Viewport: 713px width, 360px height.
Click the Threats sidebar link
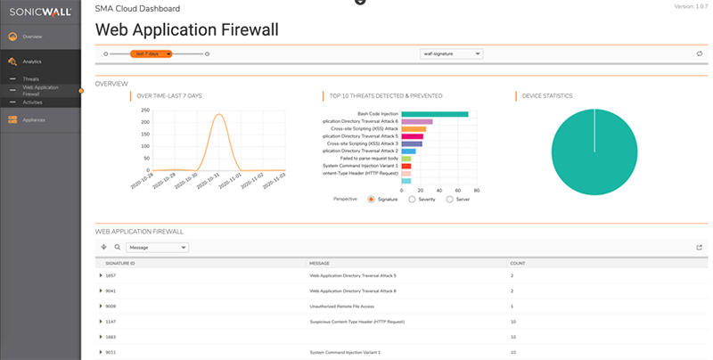coord(31,79)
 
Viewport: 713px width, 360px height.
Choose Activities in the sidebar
coord(32,102)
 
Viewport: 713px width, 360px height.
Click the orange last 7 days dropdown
coord(151,53)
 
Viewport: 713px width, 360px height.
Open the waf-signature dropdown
coord(452,53)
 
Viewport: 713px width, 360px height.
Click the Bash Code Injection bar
coord(435,114)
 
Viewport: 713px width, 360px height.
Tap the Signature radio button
coord(371,200)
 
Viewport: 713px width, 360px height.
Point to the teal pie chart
coord(593,152)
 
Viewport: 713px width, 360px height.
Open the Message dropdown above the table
coord(157,247)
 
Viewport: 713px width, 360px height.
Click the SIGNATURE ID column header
coord(120,264)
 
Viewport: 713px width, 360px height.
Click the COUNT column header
coord(517,264)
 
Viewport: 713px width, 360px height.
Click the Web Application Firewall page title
coord(186,29)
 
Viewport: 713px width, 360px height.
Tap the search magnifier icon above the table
coord(117,247)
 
